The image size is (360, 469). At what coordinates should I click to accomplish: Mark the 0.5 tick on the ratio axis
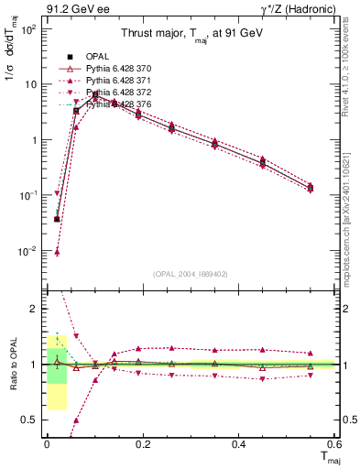pos(28,420)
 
